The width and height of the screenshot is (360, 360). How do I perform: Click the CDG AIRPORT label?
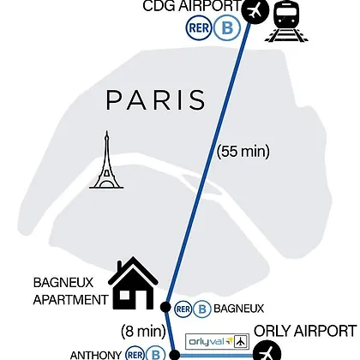[x=192, y=6]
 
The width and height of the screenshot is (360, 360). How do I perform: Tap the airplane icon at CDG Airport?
[x=255, y=10]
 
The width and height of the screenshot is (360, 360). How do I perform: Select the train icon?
[x=286, y=21]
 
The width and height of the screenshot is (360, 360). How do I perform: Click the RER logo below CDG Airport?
[x=199, y=28]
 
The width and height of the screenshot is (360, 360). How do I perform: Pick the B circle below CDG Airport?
[x=227, y=28]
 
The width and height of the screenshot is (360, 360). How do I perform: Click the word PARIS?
[x=156, y=99]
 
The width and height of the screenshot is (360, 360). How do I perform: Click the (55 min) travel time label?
[x=243, y=151]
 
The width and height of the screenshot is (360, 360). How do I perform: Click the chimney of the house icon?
[x=119, y=267]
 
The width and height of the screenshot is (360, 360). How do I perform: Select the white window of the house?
[x=124, y=294]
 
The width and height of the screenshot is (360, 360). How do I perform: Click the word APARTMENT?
[x=70, y=300]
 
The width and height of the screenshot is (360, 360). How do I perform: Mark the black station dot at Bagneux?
[x=165, y=307]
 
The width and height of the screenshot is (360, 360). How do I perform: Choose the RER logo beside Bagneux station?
[x=183, y=309]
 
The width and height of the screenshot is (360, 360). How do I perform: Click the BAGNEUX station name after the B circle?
[x=239, y=309]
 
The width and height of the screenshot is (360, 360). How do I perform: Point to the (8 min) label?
[x=143, y=332]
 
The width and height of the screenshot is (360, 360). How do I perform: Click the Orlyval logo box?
[x=217, y=341]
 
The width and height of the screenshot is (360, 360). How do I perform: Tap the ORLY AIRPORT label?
[x=305, y=331]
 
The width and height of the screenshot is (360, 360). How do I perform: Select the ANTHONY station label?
[x=96, y=355]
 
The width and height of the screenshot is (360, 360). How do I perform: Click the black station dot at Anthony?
[x=174, y=355]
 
